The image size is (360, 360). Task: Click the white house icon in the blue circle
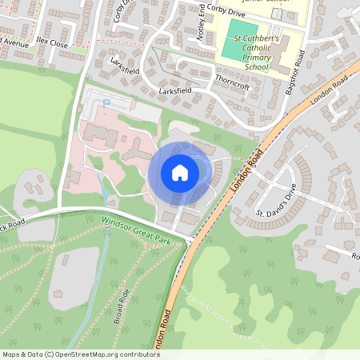point(180,173)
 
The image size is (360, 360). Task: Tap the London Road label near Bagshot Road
point(330,86)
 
